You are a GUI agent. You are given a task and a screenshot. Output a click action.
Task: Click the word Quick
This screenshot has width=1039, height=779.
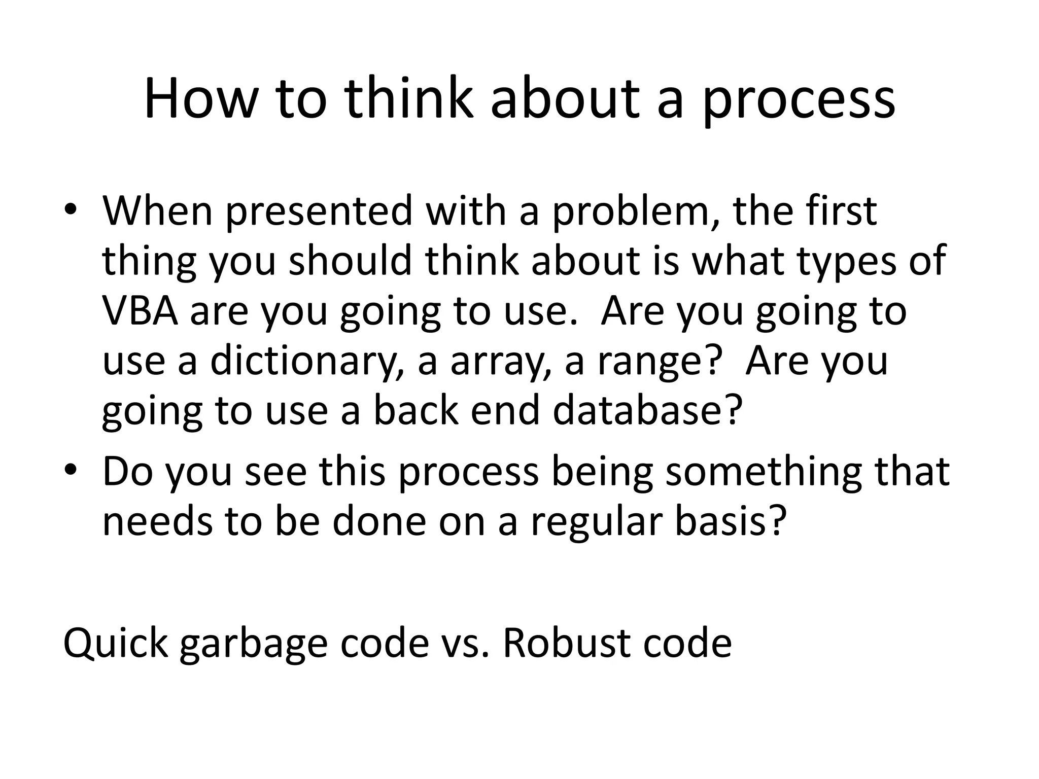click(x=115, y=643)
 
